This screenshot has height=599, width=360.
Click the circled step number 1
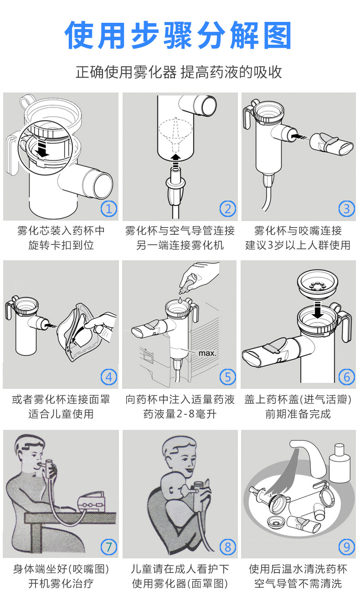108,209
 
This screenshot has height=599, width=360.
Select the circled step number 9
347,546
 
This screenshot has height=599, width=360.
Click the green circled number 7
108,546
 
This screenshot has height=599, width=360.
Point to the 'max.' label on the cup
207,353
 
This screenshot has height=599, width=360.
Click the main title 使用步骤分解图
179,36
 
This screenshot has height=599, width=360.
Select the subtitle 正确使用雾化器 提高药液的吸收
179,72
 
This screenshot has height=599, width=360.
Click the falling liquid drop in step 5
181,299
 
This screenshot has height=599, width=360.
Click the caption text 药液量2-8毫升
180,414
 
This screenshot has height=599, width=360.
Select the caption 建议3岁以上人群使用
298,245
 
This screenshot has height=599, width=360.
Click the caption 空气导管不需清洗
298,583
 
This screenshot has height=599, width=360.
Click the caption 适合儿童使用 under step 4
61,414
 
